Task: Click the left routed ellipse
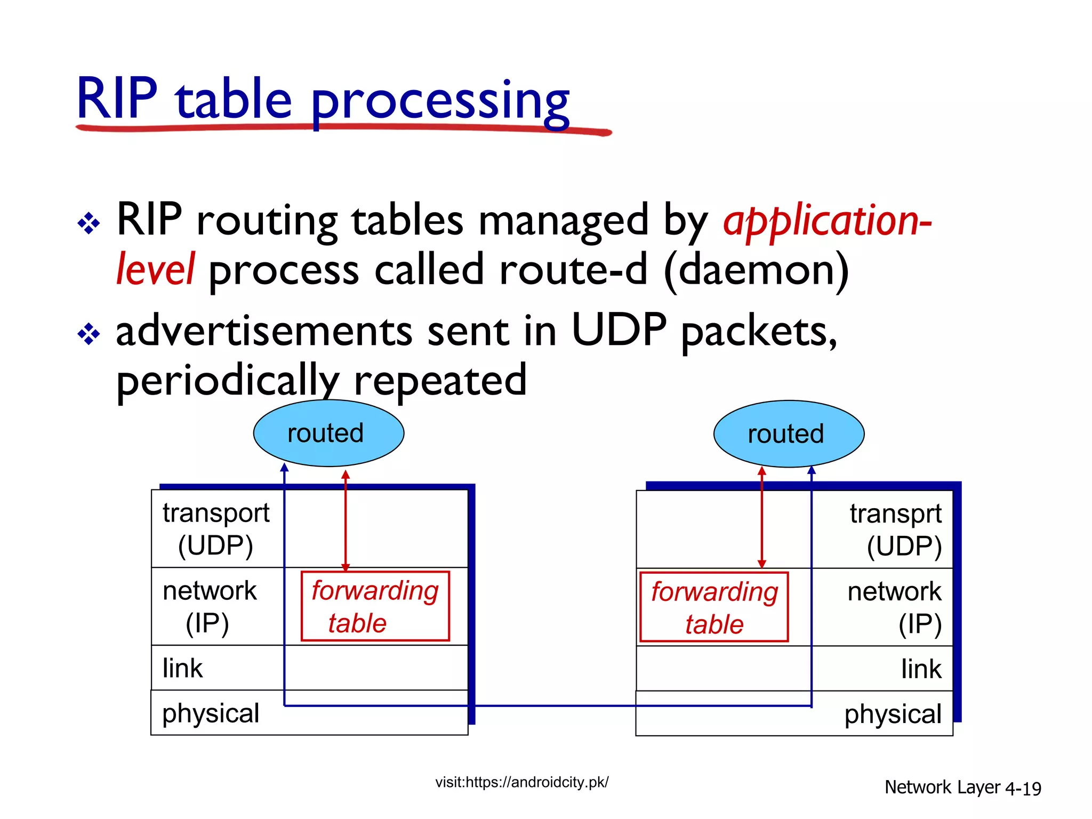coord(328,433)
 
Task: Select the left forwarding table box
coord(375,606)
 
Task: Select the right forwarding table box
coord(714,607)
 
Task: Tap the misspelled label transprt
coord(895,514)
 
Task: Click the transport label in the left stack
coord(216,513)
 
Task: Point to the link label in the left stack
coord(182,668)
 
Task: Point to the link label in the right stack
coord(921,669)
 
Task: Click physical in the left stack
coord(211,713)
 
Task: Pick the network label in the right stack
coord(894,591)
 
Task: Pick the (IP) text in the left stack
coord(207,623)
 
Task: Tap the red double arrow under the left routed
coord(346,520)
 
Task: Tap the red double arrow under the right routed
coord(761,517)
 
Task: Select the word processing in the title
coord(440,101)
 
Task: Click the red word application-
coord(826,221)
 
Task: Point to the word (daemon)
coord(757,270)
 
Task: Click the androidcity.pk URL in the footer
coord(521,782)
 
